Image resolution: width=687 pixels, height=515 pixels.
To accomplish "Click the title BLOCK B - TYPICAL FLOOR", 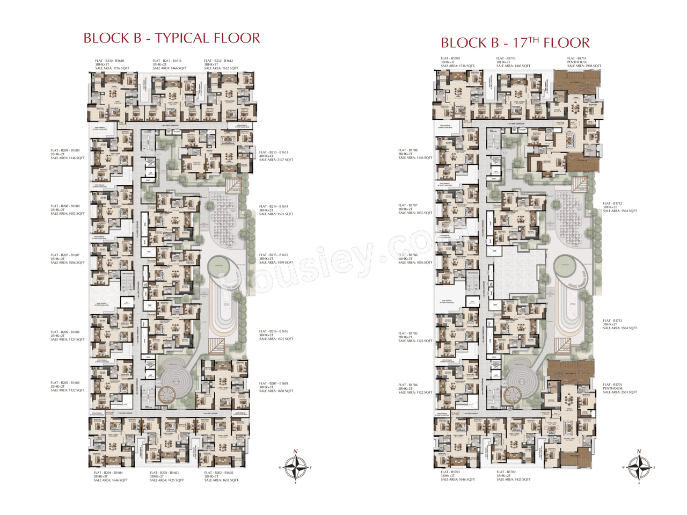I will [x=172, y=38].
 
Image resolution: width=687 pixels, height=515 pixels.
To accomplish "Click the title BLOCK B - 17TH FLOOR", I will [x=515, y=42].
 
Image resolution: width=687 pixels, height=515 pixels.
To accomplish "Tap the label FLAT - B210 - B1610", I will [x=109, y=61].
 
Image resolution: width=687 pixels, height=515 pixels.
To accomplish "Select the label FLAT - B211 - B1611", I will [x=167, y=61].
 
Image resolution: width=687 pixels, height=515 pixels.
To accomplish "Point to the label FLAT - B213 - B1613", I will [x=274, y=153].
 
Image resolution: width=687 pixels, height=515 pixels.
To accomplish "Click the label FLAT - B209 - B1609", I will [x=65, y=151].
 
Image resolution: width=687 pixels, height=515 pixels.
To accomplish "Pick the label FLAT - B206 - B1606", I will [x=65, y=332].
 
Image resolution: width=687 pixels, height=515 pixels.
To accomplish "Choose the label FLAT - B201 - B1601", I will [x=274, y=383].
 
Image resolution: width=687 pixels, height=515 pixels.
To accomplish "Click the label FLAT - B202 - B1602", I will [x=219, y=473].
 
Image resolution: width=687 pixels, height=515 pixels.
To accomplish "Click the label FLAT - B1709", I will [x=451, y=58].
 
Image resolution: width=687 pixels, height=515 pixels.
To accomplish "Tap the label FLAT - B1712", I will [x=612, y=204].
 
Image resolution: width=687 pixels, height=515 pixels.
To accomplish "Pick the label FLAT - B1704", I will [x=408, y=385].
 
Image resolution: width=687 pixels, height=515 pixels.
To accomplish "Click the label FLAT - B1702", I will [x=506, y=472].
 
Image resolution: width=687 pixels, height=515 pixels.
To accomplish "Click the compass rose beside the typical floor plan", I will [x=295, y=467].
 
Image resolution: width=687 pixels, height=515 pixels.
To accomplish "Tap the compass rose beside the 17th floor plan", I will [x=639, y=466].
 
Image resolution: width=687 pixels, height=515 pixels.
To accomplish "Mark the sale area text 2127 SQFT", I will [x=282, y=160].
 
